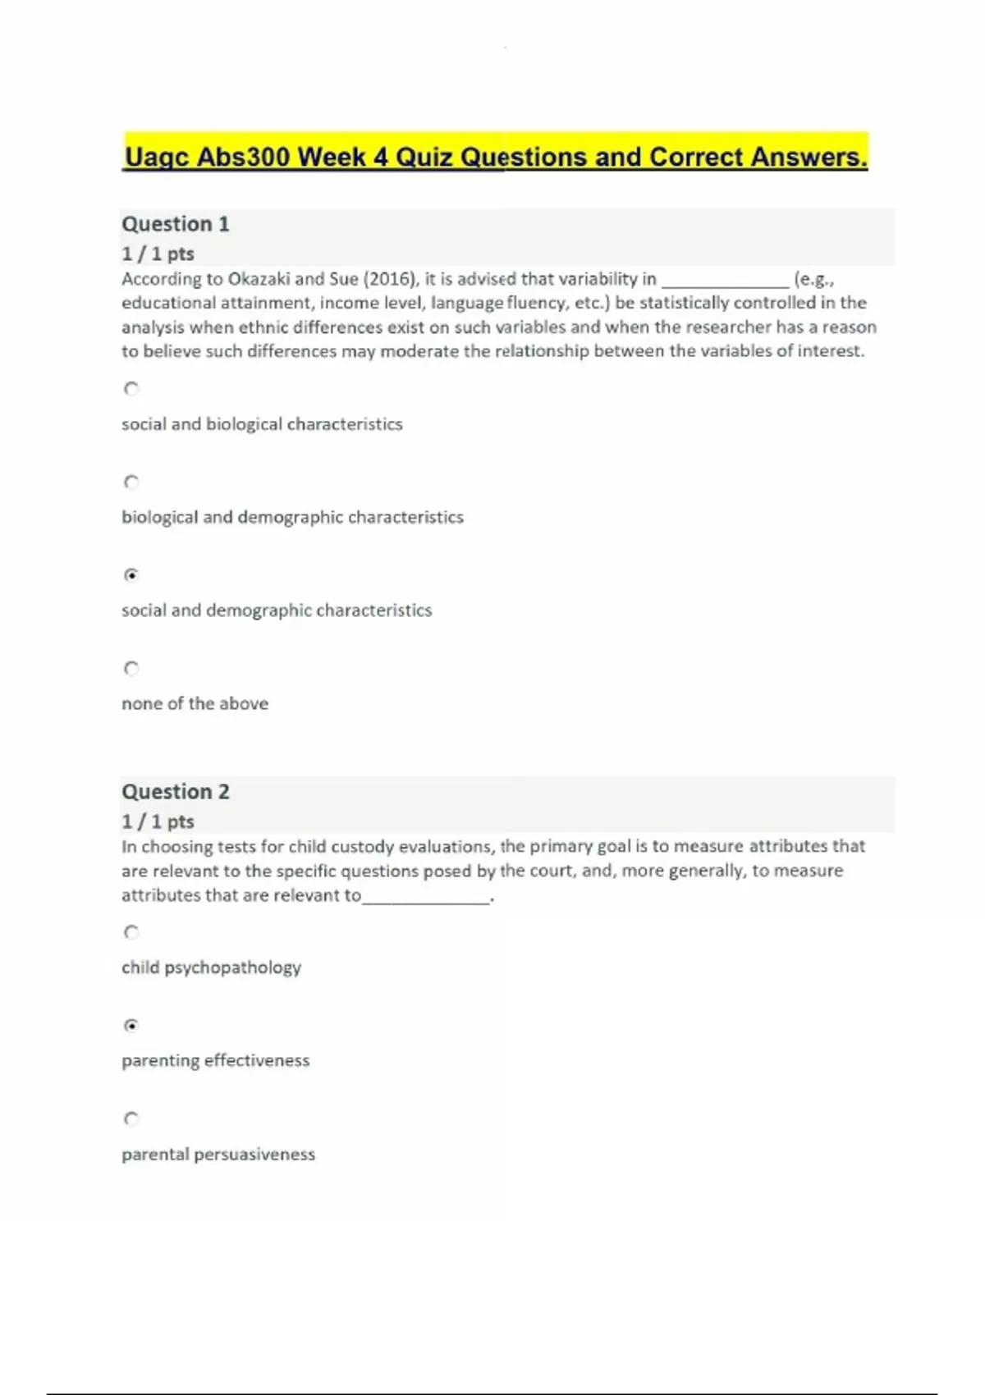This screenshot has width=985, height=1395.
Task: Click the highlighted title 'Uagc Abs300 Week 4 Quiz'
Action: point(495,156)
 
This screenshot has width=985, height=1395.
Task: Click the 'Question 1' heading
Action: point(176,224)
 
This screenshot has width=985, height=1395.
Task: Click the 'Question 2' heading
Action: point(176,792)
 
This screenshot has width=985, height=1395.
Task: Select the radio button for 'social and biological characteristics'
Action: point(131,389)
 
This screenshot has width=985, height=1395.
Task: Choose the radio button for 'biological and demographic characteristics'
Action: point(131,482)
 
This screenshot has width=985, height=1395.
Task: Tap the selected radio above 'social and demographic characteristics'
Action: point(131,574)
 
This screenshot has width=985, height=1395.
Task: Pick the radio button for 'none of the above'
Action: point(131,668)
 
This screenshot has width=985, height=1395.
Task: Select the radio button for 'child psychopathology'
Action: point(131,932)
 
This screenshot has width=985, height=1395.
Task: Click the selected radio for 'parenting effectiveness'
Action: point(131,1025)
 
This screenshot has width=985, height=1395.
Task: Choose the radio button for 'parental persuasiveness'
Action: point(131,1118)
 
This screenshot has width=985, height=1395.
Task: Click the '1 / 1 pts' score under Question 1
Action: point(158,254)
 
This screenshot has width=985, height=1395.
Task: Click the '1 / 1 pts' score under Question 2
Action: point(158,821)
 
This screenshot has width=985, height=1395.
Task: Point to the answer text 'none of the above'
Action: point(195,703)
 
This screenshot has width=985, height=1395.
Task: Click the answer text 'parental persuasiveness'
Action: point(218,1154)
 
